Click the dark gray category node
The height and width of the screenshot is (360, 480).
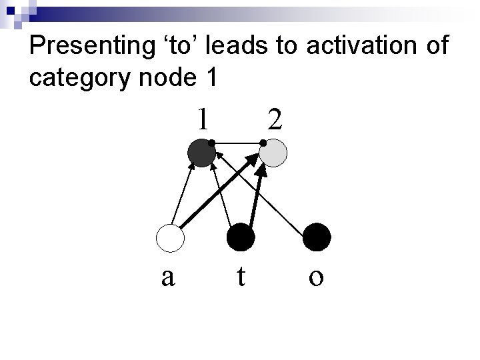(x=201, y=154)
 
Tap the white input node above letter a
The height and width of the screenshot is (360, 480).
(x=169, y=238)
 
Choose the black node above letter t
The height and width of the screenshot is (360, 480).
(x=241, y=238)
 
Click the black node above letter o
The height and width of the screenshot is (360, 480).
(x=316, y=238)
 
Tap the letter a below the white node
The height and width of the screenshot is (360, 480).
(x=168, y=275)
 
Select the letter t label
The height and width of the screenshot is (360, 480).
(x=241, y=275)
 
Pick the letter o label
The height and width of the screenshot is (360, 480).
(x=316, y=275)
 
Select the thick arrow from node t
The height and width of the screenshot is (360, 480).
(x=257, y=193)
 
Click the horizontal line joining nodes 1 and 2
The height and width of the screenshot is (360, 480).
(x=237, y=143)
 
